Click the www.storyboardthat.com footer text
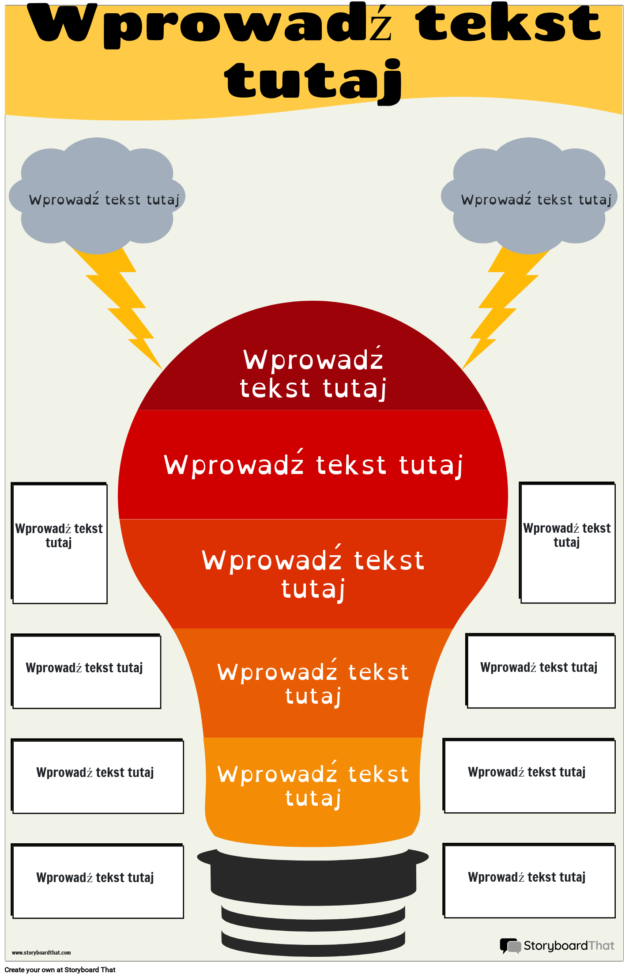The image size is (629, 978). tap(41, 952)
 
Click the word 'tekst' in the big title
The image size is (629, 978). tap(508, 24)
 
